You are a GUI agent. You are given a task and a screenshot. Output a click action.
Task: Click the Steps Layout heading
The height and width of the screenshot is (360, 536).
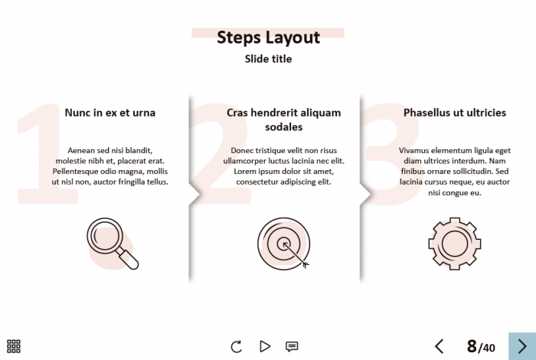268,38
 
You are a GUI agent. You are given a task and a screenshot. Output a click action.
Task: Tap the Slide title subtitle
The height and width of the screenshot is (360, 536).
268,59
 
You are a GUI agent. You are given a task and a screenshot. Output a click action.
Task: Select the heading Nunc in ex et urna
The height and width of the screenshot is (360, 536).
110,113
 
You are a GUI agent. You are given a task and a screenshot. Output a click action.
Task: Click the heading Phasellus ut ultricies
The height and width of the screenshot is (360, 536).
455,113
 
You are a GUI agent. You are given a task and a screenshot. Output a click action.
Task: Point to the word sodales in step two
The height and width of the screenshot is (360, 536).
284,127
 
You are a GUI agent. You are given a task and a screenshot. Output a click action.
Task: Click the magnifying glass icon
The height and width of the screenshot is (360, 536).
113,244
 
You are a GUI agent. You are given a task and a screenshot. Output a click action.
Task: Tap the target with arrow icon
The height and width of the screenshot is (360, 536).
284,244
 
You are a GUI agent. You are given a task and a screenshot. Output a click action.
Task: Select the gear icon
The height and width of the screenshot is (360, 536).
455,244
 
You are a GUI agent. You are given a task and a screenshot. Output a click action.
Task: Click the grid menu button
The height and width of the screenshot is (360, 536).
14,346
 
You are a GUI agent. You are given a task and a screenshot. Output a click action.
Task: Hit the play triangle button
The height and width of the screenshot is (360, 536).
265,346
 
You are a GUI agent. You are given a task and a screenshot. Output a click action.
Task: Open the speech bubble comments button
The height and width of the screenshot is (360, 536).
292,347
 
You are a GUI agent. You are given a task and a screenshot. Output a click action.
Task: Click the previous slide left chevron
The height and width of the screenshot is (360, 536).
440,346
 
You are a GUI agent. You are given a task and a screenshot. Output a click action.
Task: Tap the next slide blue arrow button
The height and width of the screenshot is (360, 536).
522,346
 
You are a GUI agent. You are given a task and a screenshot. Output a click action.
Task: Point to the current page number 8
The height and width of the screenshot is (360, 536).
472,346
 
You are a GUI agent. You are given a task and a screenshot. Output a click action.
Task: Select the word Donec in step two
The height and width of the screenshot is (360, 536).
241,150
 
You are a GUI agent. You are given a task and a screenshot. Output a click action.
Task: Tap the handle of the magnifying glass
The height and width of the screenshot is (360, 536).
128,260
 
